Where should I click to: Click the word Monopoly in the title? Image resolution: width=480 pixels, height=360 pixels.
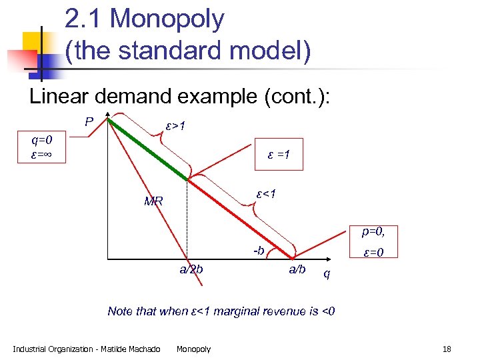(x=167, y=19)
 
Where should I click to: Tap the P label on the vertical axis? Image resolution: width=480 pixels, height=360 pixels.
(x=88, y=122)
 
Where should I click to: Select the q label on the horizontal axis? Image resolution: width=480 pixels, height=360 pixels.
(x=326, y=273)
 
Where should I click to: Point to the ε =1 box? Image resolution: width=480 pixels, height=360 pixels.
(x=278, y=155)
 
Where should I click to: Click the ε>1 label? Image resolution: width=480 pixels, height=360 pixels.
(x=175, y=126)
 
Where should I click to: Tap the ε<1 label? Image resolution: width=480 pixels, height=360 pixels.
(x=266, y=194)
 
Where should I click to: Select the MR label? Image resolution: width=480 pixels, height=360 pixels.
(x=153, y=201)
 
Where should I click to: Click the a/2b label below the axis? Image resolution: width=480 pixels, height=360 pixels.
(x=191, y=269)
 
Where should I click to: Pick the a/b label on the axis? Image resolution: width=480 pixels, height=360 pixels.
(x=297, y=269)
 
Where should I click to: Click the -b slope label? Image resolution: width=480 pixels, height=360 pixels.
(x=259, y=251)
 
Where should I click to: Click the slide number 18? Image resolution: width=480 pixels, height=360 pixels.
(x=446, y=349)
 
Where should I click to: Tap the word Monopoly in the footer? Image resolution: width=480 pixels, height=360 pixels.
(x=193, y=349)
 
